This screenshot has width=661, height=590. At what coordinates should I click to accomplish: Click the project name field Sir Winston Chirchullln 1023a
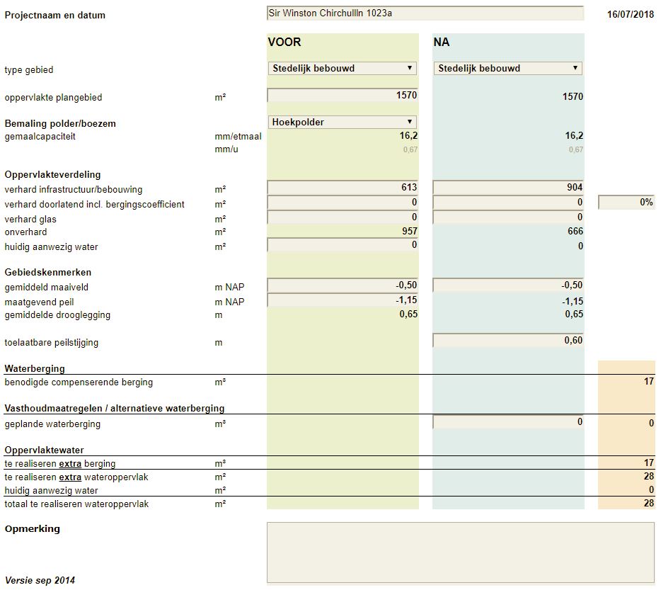point(425,13)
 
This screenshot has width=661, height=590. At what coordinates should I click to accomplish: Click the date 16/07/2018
point(631,14)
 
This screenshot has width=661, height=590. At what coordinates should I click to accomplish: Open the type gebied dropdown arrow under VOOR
point(409,68)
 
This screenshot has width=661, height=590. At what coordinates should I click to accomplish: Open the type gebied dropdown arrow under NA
point(575,68)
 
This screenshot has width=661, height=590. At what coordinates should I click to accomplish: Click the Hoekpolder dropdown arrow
point(409,122)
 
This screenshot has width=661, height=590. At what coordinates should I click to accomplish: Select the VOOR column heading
point(284,42)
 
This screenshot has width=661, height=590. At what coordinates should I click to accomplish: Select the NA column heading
point(442,42)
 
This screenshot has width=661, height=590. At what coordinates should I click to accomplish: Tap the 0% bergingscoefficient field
point(626,202)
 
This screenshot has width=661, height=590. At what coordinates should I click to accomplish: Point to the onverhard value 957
point(409,232)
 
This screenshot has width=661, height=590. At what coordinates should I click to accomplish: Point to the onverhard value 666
point(575,232)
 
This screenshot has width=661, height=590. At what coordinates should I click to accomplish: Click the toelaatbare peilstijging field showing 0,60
point(508,341)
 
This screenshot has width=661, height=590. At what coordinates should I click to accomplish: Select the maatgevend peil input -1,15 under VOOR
point(343,300)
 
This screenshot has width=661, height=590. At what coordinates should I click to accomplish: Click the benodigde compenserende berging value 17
point(649,382)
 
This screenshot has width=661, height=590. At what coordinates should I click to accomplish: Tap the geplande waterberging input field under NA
point(508,422)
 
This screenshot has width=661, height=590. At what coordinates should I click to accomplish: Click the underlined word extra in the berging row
point(70,464)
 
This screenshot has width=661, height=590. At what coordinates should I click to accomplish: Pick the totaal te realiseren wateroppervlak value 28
point(649,503)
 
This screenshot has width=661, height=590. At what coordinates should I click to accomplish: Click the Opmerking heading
point(33,529)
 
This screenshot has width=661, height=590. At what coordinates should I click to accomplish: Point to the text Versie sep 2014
point(40,580)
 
